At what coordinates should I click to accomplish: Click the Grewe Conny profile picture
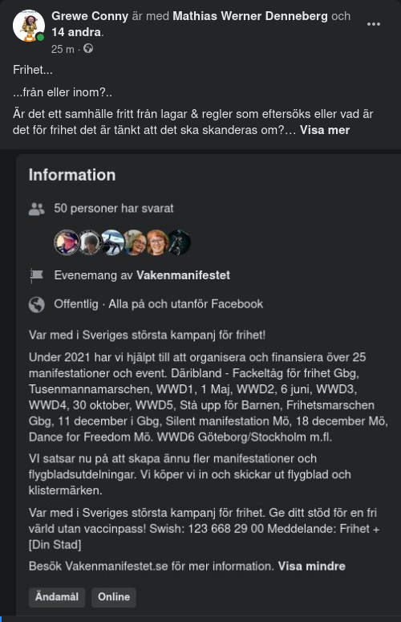pyautogui.click(x=29, y=26)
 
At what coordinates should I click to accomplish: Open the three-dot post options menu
pyautogui.click(x=374, y=24)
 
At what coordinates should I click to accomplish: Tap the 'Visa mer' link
pyautogui.click(x=325, y=129)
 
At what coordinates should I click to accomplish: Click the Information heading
pyautogui.click(x=72, y=175)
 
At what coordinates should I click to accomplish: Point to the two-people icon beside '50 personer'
pyautogui.click(x=36, y=209)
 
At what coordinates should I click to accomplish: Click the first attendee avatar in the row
pyautogui.click(x=66, y=242)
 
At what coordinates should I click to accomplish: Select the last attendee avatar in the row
pyautogui.click(x=178, y=242)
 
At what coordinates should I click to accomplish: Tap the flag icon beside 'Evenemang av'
pyautogui.click(x=36, y=275)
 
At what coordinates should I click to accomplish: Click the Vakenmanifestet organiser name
pyautogui.click(x=183, y=275)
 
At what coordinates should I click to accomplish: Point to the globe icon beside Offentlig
pyautogui.click(x=36, y=304)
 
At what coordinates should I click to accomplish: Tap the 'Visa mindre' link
pyautogui.click(x=312, y=566)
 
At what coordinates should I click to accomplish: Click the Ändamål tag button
pyautogui.click(x=57, y=597)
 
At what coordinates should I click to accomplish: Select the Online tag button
pyautogui.click(x=114, y=597)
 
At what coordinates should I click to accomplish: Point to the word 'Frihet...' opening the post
pyautogui.click(x=32, y=70)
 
